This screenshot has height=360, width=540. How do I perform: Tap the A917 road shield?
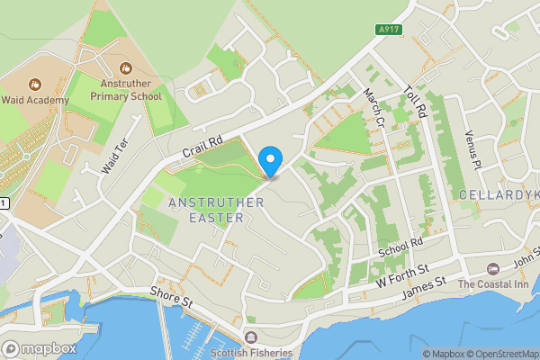coord(389,30)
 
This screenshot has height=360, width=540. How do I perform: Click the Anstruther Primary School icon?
coord(125,67)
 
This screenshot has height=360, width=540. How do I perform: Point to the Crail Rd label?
coord(202,145)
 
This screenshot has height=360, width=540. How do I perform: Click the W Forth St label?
coord(400,275)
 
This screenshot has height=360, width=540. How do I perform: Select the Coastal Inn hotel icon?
coord(492,269)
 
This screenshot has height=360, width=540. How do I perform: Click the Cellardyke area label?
coord(499,195)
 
